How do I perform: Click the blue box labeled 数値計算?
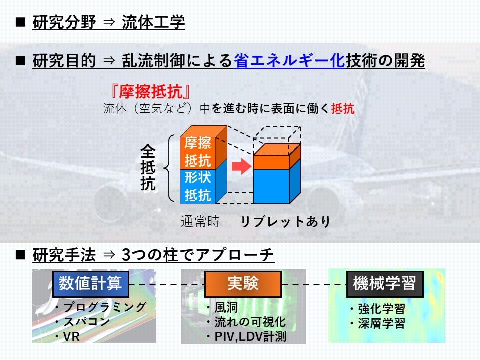point(90,284)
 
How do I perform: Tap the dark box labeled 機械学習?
point(385,284)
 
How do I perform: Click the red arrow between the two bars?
point(241,167)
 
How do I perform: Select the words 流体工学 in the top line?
point(153,23)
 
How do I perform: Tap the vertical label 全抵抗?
point(148,168)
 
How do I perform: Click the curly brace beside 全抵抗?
point(171,168)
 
